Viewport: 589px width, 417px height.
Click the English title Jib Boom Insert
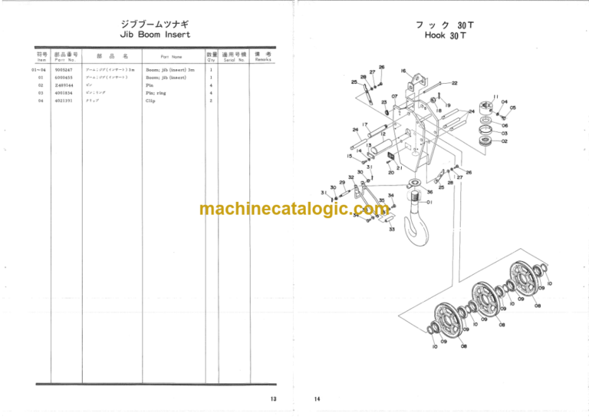(x=156, y=35)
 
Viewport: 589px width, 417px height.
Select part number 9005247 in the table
(x=64, y=70)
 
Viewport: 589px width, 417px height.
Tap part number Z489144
(x=64, y=85)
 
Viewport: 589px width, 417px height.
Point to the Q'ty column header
(x=211, y=60)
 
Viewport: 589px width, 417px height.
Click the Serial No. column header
(x=234, y=60)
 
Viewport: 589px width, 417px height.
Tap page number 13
(x=273, y=399)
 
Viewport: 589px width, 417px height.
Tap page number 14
(x=317, y=399)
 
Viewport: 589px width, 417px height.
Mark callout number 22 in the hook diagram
(x=455, y=83)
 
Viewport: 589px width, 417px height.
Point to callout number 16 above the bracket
(x=403, y=71)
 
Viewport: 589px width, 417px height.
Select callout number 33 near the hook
(x=391, y=229)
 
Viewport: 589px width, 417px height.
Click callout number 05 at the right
(x=512, y=108)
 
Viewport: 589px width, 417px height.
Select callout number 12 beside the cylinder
(x=383, y=134)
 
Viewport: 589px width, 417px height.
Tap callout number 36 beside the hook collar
(x=429, y=192)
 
